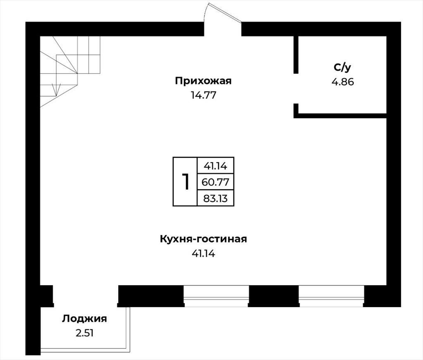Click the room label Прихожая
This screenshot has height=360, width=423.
[203, 81]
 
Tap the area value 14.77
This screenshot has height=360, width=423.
[203, 95]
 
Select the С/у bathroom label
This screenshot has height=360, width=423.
[342, 67]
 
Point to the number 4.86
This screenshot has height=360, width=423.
[342, 82]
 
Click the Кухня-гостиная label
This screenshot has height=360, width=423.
[203, 239]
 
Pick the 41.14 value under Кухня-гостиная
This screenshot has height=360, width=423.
[203, 254]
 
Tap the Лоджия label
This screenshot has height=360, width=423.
[84, 319]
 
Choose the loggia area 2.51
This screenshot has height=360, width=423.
[84, 333]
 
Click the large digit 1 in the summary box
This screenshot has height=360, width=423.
[185, 181]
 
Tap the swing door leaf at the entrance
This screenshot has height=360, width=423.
[225, 13]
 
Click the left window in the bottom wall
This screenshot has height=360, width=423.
[216, 296]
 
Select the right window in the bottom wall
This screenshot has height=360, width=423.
[331, 296]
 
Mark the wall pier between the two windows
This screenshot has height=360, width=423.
[274, 296]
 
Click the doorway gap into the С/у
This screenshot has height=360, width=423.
[296, 88]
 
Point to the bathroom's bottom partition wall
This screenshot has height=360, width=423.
[340, 116]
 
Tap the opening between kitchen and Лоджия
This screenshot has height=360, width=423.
[86, 296]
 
